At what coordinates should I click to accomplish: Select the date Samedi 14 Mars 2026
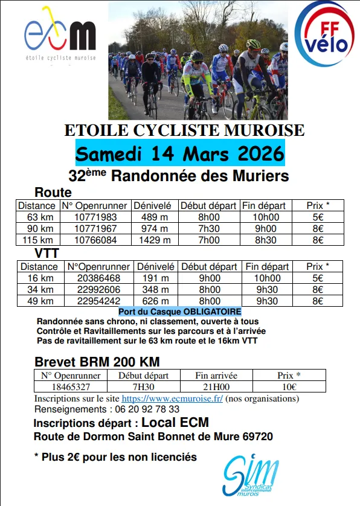180,153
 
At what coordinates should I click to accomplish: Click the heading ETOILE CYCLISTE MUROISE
185,130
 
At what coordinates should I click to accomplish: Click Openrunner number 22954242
98,301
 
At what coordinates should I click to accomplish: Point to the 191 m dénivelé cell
155,278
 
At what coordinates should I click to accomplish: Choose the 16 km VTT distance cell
40,278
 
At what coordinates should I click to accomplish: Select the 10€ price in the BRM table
289,387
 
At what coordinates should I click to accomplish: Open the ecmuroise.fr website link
172,399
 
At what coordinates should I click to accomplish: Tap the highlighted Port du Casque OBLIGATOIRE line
180,312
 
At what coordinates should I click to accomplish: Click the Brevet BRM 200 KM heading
97,362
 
